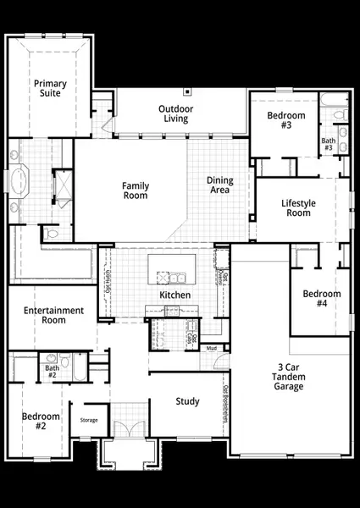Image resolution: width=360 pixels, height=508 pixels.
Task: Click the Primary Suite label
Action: tap(50, 89)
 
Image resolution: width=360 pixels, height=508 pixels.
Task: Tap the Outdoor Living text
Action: tap(176, 113)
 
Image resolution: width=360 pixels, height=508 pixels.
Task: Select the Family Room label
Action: tap(135, 190)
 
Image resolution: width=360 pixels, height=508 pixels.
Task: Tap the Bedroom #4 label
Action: tap(321, 299)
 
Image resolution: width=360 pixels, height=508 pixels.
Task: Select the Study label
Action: tap(187, 401)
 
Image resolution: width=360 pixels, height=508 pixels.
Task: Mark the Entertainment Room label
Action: tap(54, 316)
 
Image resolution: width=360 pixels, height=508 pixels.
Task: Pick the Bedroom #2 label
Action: tap(41, 421)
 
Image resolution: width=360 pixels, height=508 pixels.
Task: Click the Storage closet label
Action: tap(89, 420)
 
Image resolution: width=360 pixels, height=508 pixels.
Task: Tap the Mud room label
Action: tap(211, 348)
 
